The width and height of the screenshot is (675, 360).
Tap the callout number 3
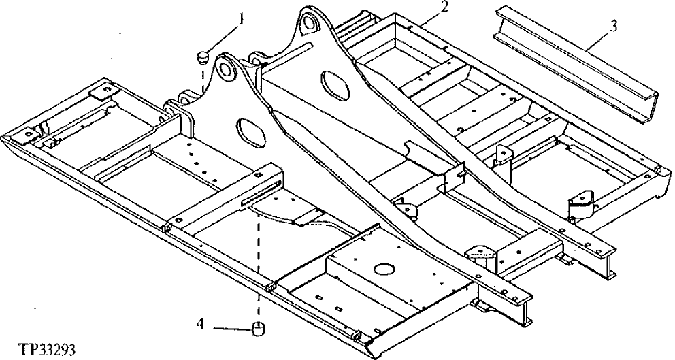(614, 27)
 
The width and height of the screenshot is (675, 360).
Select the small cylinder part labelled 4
(259, 329)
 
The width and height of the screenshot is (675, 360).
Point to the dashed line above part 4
(259, 272)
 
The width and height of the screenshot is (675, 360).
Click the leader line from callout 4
(231, 329)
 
